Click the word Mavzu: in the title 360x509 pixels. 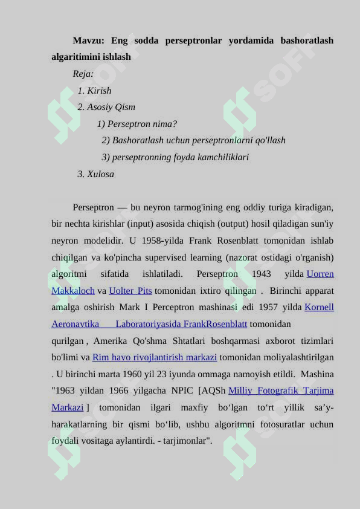[x=88, y=41]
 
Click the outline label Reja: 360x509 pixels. [x=83, y=74]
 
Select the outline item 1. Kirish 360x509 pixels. [x=95, y=91]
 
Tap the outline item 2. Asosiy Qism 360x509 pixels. [x=106, y=108]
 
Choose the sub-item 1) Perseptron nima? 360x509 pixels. [x=137, y=124]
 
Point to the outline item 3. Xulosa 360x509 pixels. [x=96, y=174]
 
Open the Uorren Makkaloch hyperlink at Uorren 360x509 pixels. [x=320, y=274]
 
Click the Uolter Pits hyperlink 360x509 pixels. [x=130, y=291]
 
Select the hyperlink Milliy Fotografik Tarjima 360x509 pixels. [x=281, y=391]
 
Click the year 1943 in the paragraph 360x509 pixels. [x=262, y=274]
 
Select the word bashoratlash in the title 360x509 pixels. [x=307, y=41]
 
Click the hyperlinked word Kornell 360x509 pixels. [x=320, y=307]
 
